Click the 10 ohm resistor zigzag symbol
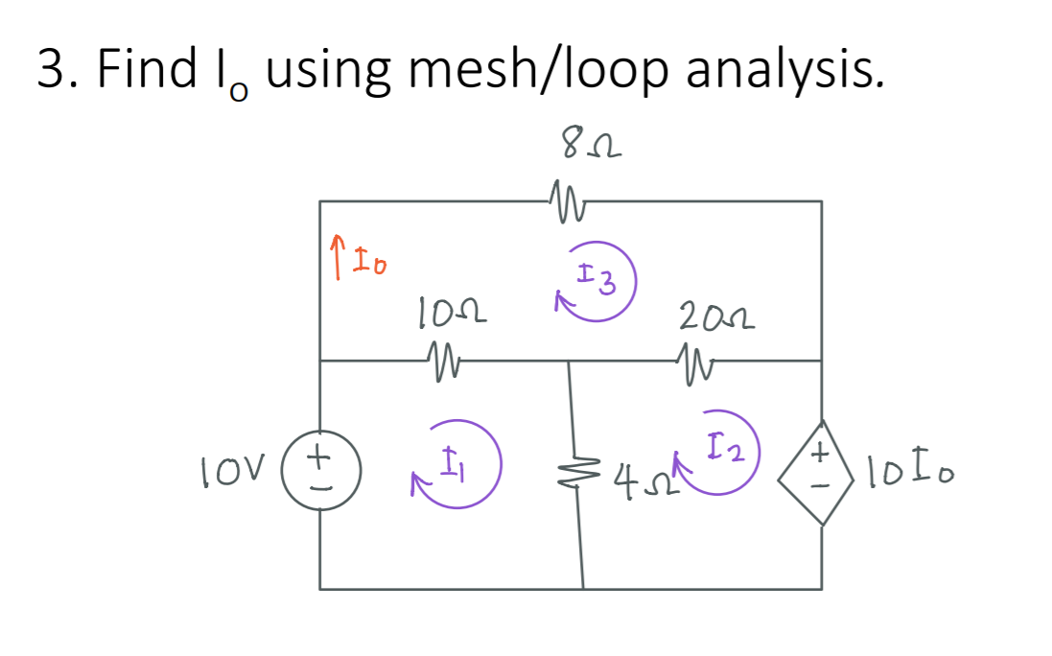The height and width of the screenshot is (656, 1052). tap(442, 362)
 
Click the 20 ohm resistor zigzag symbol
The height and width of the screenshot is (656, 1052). tap(698, 362)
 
